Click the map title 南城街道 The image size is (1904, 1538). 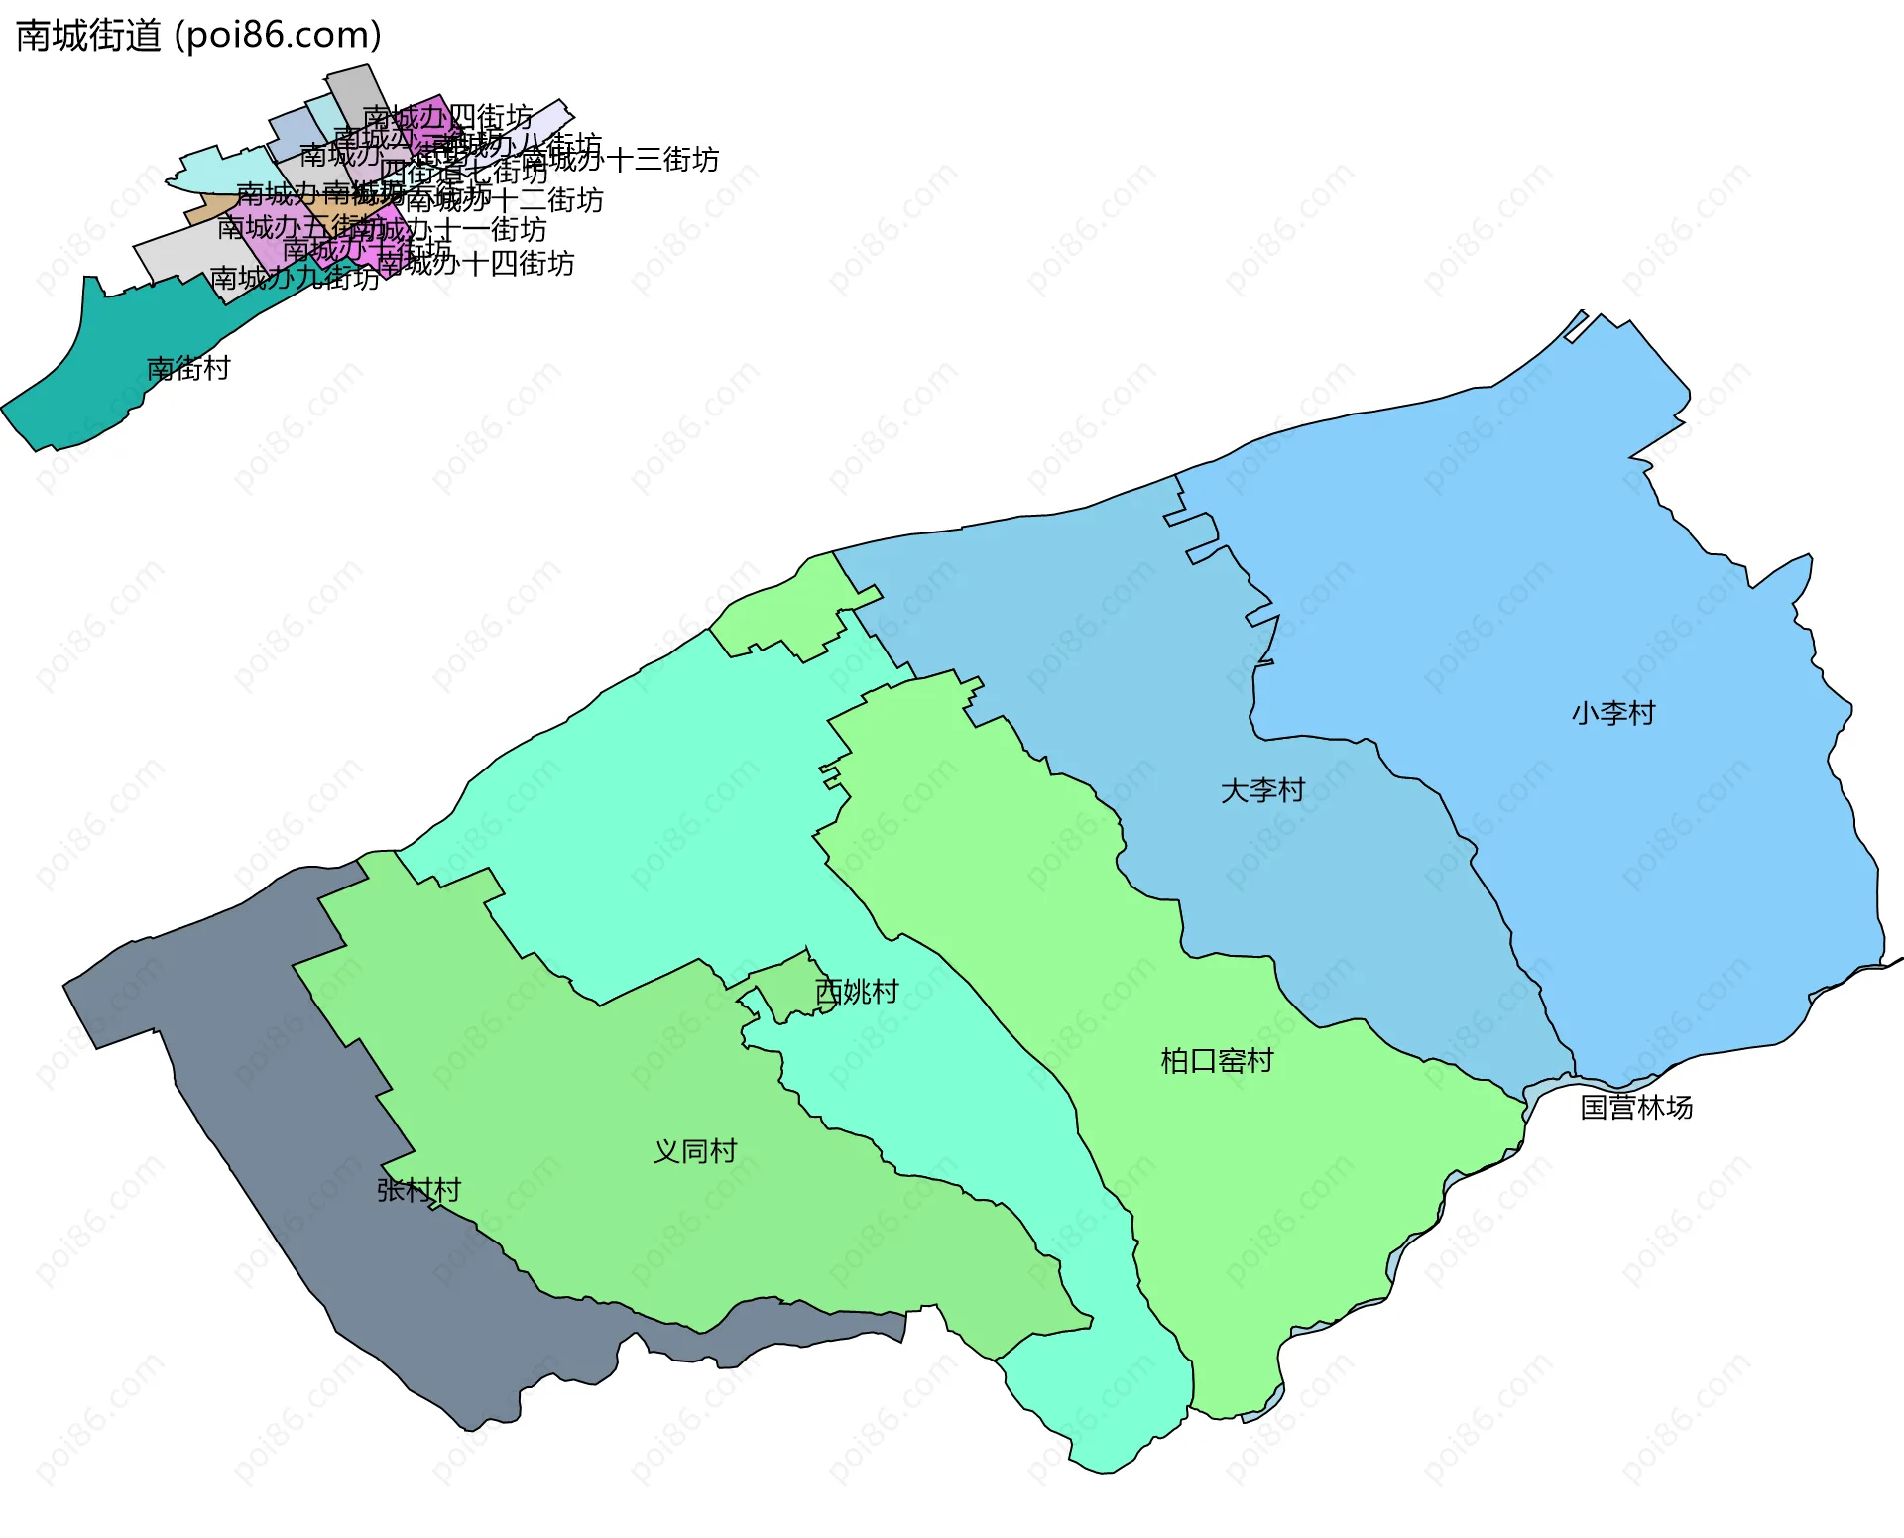(88, 36)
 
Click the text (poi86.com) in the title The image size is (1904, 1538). (278, 36)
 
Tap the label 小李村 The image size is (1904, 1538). (1613, 713)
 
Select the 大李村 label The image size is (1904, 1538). (1262, 790)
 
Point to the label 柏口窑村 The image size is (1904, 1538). (1217, 1061)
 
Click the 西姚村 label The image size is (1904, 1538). (857, 992)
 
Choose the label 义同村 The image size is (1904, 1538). (695, 1151)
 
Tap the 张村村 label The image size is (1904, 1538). (418, 1190)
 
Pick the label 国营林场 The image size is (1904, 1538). (1636, 1107)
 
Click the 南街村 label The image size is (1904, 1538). (188, 369)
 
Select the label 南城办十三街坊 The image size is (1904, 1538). (620, 160)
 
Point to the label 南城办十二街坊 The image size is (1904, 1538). (505, 201)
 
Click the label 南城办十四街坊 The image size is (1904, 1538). (476, 264)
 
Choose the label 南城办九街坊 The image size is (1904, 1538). (295, 278)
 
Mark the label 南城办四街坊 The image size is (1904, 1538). (448, 118)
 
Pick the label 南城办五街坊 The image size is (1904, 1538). (288, 227)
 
